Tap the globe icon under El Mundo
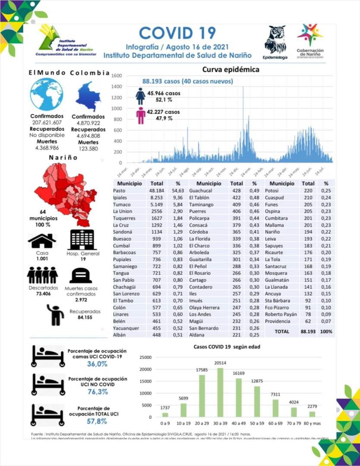click(x=47, y=95)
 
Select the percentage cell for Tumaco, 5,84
click(x=178, y=204)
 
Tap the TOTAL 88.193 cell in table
click(x=308, y=331)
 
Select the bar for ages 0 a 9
click(x=165, y=414)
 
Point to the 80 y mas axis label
click(x=312, y=424)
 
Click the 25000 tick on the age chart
click(x=145, y=357)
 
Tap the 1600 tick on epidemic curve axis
click(x=117, y=76)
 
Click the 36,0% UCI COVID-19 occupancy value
click(x=97, y=364)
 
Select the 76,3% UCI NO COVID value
click(x=97, y=392)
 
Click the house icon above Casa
click(x=42, y=240)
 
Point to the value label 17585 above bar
click(x=202, y=370)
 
